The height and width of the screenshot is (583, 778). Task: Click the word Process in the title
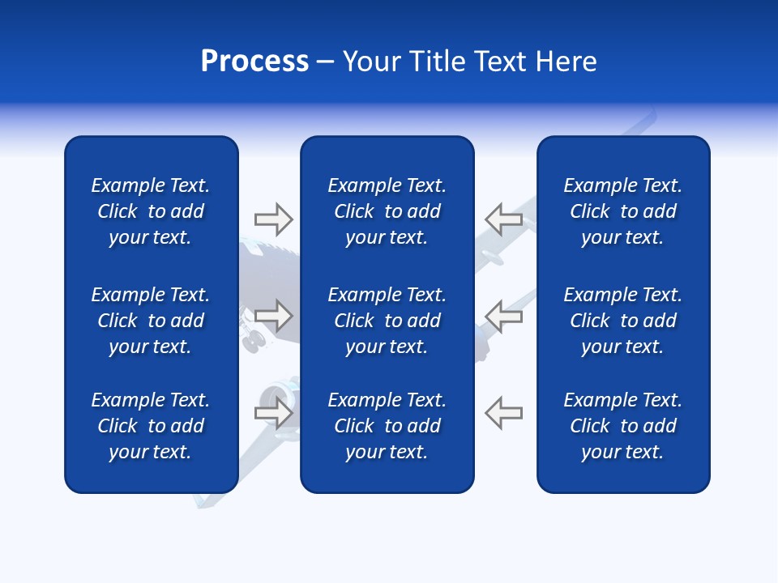pyautogui.click(x=254, y=62)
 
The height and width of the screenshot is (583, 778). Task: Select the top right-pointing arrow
pyautogui.click(x=274, y=219)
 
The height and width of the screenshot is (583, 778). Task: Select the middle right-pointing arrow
pyautogui.click(x=274, y=316)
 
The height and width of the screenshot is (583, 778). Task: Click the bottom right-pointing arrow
pyautogui.click(x=274, y=412)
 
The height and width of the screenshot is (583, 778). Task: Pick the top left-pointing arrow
pyautogui.click(x=504, y=219)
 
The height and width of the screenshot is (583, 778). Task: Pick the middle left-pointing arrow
pyautogui.click(x=504, y=316)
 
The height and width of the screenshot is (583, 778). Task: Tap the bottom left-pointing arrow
pyautogui.click(x=504, y=412)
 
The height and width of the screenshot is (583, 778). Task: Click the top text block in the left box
pyautogui.click(x=151, y=211)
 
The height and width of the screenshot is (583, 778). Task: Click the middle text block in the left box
pyautogui.click(x=151, y=321)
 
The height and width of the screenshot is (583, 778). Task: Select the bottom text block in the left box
pyautogui.click(x=151, y=426)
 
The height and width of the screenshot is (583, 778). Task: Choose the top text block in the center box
pyautogui.click(x=387, y=211)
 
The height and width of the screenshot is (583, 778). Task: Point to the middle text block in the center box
pyautogui.click(x=387, y=321)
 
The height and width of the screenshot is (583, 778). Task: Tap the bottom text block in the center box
pyautogui.click(x=387, y=426)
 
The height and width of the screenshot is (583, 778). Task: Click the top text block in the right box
pyautogui.click(x=623, y=211)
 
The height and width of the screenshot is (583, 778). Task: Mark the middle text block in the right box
pyautogui.click(x=623, y=321)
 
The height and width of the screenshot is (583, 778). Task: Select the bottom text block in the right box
pyautogui.click(x=623, y=426)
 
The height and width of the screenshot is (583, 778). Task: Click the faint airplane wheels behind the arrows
pyautogui.click(x=254, y=342)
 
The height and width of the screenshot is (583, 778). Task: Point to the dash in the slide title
pyautogui.click(x=326, y=62)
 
